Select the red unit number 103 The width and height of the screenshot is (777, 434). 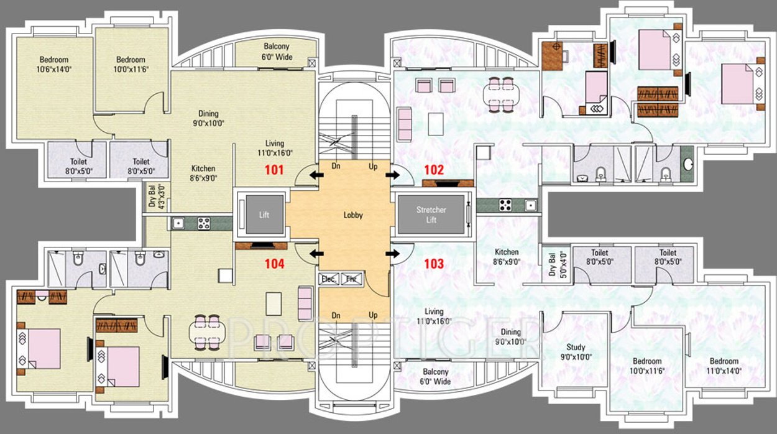[433, 264]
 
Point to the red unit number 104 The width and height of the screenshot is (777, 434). [274, 264]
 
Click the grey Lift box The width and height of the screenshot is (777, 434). [264, 215]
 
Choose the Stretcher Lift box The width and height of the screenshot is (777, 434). [431, 215]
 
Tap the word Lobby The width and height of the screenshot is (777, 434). [353, 215]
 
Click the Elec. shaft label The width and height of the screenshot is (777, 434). [328, 279]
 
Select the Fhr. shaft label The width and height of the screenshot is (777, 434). [351, 279]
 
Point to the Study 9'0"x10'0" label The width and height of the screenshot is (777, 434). [575, 352]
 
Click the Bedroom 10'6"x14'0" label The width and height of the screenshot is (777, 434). [54, 65]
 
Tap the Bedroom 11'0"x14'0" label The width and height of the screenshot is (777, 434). [724, 366]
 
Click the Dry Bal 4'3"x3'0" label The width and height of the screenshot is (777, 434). [155, 196]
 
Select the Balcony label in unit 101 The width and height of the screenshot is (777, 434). [277, 52]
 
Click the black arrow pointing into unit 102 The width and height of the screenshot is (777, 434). [393, 176]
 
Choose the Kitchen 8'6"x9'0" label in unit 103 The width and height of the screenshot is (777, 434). [507, 257]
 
